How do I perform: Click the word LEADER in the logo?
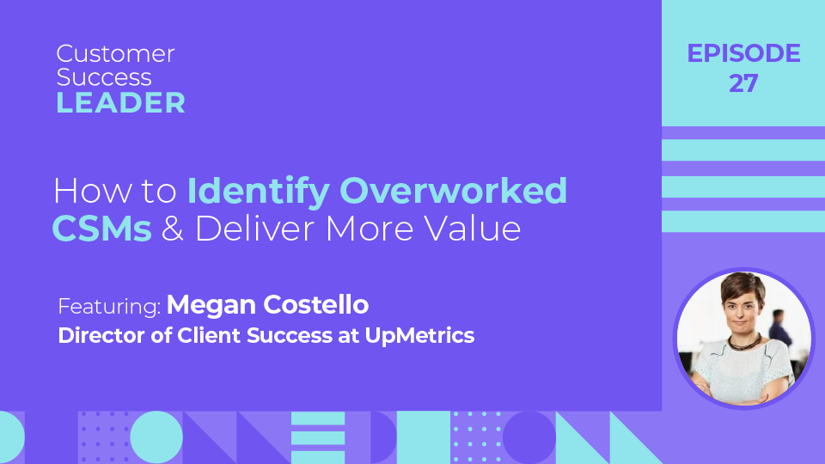coord(121,103)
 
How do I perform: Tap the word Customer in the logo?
coord(115,54)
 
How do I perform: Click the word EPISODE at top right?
coord(743,54)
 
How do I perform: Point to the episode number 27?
coord(743,82)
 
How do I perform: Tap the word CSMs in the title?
coord(102,229)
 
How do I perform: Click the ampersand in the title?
coord(173,229)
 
